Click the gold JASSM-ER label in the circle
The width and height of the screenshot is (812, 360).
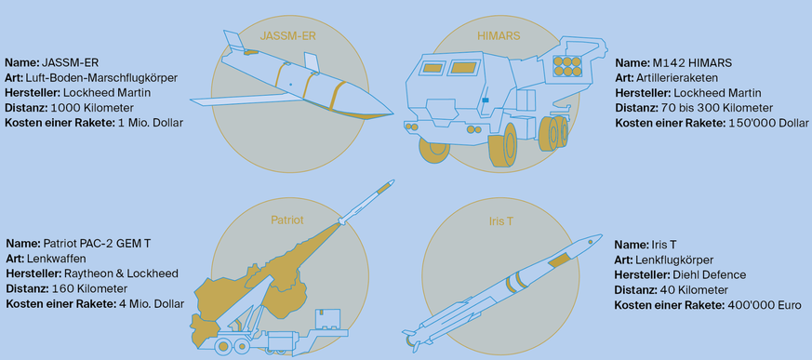287,36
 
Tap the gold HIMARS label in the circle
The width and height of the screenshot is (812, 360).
499,36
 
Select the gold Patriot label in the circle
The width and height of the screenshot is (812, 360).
286,220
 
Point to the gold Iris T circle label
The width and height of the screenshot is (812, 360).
500,220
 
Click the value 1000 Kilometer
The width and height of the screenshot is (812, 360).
93,108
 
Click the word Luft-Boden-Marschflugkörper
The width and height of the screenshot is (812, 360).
101,78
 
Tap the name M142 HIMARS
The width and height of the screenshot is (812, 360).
688,63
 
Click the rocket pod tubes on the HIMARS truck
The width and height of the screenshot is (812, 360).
566,66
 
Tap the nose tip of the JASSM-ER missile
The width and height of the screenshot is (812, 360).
393,113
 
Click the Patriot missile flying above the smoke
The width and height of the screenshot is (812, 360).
367,202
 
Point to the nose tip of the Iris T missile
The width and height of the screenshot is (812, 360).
601,235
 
